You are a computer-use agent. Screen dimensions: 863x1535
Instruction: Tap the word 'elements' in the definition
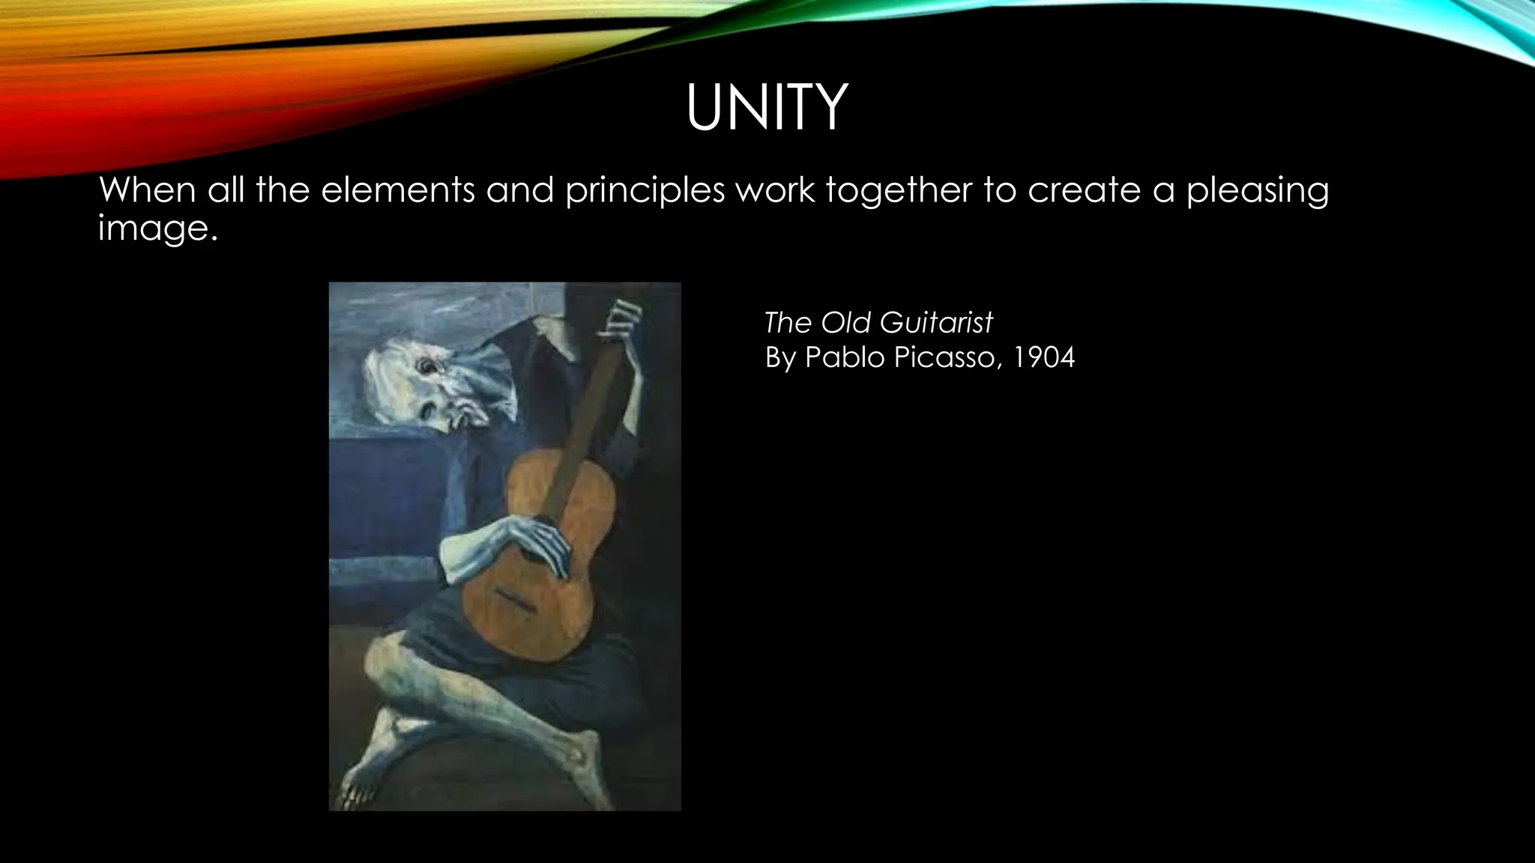pos(397,190)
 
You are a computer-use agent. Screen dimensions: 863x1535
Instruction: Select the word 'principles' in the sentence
pos(645,191)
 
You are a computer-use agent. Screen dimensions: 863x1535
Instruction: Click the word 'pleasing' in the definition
pos(1257,191)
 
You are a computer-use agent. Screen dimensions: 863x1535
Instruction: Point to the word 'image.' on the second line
pos(157,227)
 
